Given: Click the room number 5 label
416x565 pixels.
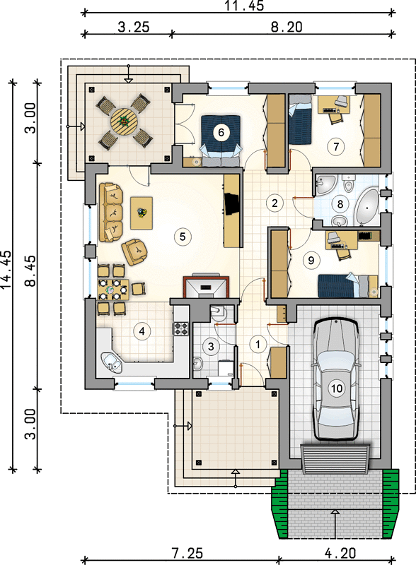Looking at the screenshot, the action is (183, 237).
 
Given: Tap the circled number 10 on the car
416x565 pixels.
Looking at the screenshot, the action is (336, 388).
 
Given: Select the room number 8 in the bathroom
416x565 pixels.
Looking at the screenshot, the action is (340, 204).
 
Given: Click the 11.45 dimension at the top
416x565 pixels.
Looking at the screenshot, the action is (244, 5).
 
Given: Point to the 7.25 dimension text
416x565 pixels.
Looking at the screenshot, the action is (187, 553).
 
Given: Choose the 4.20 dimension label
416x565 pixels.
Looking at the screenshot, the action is (340, 553).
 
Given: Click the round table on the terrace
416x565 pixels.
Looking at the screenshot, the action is (124, 122).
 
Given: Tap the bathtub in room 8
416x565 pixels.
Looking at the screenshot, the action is (367, 207).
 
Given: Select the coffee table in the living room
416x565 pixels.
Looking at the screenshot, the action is (141, 213).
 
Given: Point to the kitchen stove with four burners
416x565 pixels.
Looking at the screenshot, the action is (181, 328).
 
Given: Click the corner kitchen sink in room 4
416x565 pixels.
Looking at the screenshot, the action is (112, 362).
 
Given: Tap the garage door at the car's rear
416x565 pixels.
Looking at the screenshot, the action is (336, 459).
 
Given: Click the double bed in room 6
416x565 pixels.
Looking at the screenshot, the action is (221, 141).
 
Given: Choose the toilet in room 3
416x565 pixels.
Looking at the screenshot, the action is (217, 312).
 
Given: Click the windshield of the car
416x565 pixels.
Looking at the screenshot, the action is (336, 361).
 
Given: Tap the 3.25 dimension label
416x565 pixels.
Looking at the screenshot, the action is (134, 27).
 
